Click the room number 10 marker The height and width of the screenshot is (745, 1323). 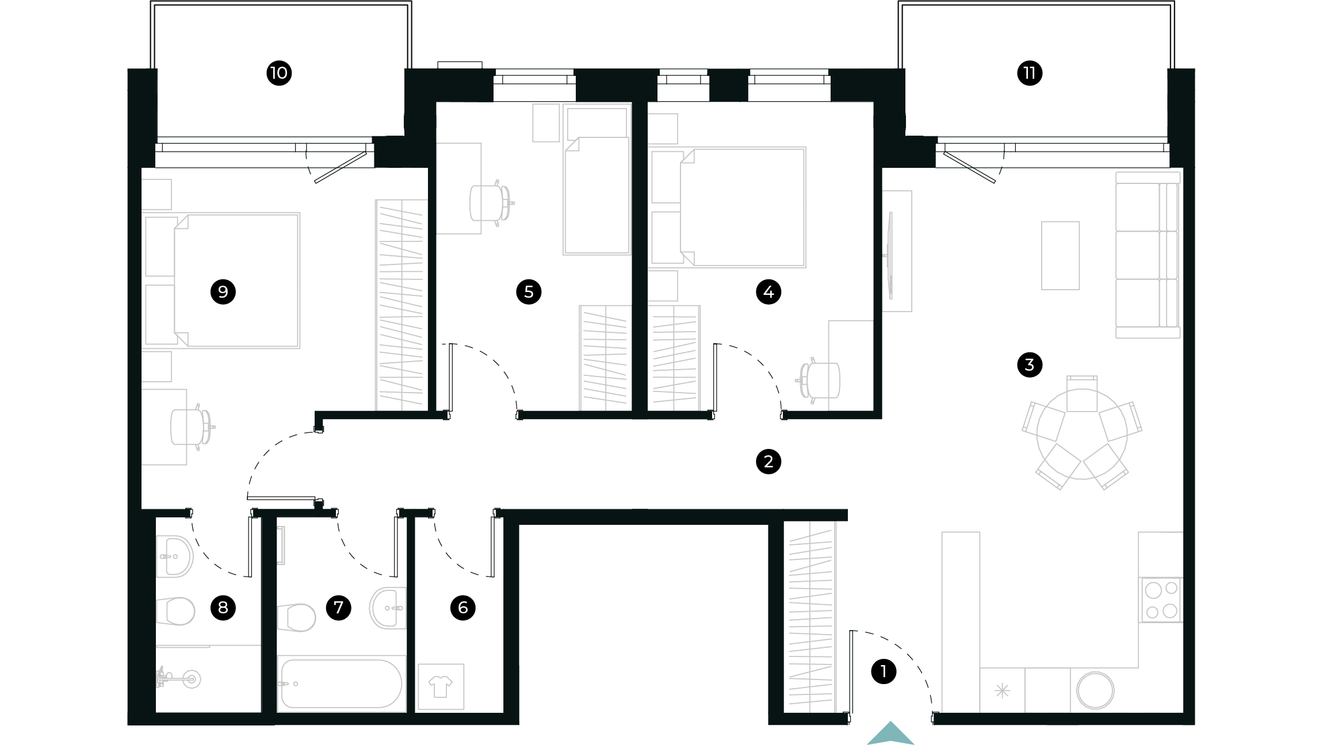pyautogui.click(x=279, y=73)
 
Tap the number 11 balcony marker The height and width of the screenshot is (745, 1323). pyautogui.click(x=1029, y=73)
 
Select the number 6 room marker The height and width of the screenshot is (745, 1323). pyautogui.click(x=462, y=608)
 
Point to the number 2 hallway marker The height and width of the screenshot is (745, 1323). pyautogui.click(x=768, y=461)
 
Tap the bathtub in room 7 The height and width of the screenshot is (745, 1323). pyautogui.click(x=341, y=683)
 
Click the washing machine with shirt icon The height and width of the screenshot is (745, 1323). pyautogui.click(x=441, y=686)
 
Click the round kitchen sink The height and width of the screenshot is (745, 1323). pyautogui.click(x=1095, y=690)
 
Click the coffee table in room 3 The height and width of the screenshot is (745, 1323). pyautogui.click(x=1060, y=255)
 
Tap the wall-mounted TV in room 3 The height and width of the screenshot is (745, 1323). pyautogui.click(x=890, y=255)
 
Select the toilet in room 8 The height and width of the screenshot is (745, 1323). pyautogui.click(x=176, y=610)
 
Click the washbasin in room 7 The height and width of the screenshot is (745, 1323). pyautogui.click(x=389, y=608)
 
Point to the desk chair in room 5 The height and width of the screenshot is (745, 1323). pyautogui.click(x=489, y=203)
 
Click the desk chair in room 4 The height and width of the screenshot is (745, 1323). pyautogui.click(x=820, y=381)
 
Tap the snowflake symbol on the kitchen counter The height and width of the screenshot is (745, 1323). pyautogui.click(x=1002, y=690)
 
